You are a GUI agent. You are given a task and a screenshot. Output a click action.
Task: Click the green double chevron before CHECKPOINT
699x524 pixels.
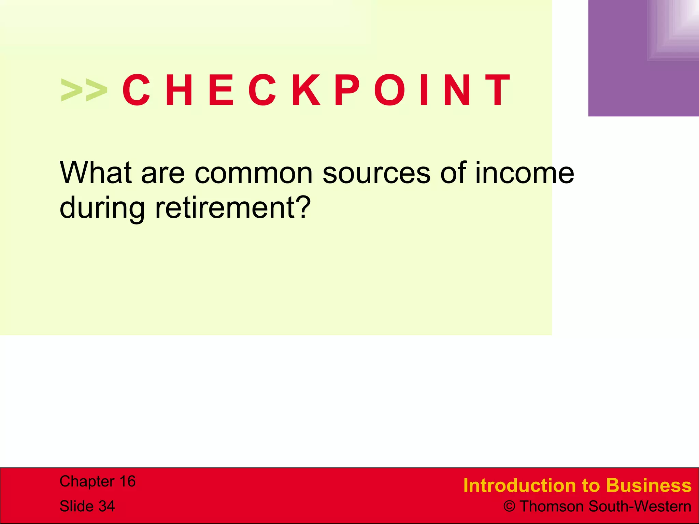point(84,90)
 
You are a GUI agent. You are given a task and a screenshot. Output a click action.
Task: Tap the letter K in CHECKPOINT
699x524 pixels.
point(306,90)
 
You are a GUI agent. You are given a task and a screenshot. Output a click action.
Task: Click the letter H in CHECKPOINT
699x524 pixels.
point(179,90)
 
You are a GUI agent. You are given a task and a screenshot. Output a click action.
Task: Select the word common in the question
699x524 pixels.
point(254,173)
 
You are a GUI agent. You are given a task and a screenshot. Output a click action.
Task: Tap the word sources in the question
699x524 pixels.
point(376,173)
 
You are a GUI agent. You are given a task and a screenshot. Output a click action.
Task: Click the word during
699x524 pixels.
point(102,208)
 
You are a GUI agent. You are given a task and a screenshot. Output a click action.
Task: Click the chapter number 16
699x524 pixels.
point(127,481)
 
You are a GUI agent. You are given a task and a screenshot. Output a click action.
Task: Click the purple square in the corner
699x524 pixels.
point(643,58)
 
